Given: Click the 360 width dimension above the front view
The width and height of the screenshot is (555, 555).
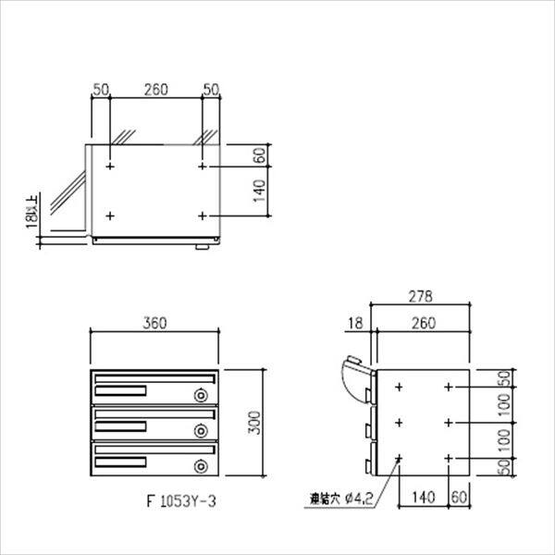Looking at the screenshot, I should click(154, 323).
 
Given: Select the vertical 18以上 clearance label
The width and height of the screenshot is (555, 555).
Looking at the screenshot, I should click(34, 210).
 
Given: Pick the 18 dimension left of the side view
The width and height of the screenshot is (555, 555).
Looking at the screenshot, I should click(358, 323).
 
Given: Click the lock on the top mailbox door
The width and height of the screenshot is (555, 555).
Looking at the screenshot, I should click(201, 396).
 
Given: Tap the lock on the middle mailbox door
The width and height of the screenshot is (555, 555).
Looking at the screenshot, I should click(201, 430).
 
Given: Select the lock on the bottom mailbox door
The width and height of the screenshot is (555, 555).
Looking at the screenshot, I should click(201, 465).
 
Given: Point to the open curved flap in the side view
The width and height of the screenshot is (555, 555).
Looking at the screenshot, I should click(351, 380).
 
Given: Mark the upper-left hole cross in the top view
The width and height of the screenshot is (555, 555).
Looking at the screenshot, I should click(110, 167).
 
